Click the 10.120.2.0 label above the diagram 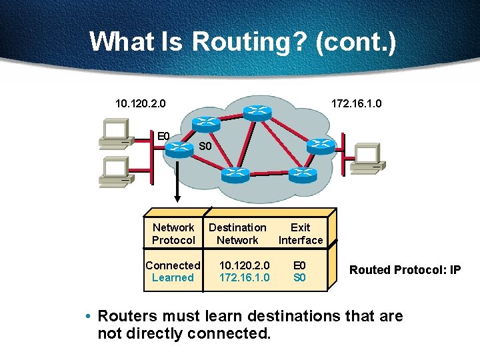[141, 103]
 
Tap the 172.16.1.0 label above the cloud [357, 103]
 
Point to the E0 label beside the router [163, 137]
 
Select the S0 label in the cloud [205, 146]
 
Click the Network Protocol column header [173, 234]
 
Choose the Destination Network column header [237, 234]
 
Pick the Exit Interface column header [300, 234]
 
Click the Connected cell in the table [173, 265]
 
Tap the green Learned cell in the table [173, 277]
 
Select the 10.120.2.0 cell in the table [244, 265]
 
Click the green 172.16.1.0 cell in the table [244, 277]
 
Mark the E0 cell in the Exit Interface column [299, 265]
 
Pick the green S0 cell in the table [299, 277]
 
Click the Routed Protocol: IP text [405, 270]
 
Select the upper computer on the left [114, 132]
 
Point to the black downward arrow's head [178, 198]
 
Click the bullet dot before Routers [88, 316]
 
